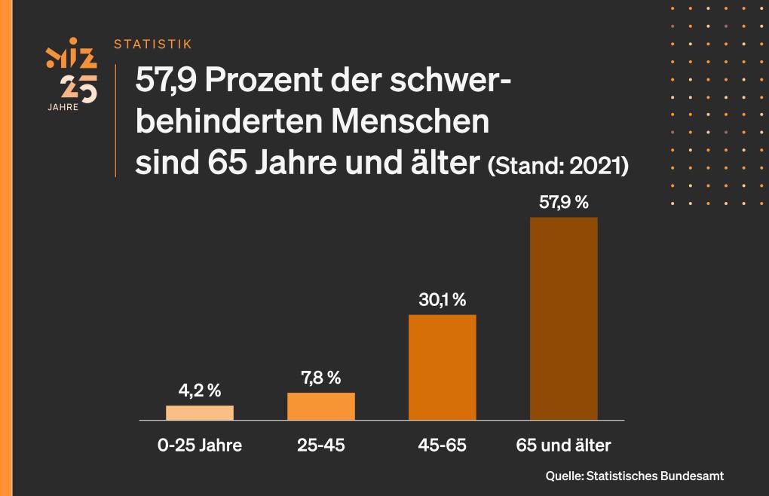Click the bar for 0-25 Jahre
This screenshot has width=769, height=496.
coord(200,412)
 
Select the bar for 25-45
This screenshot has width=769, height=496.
coord(321,406)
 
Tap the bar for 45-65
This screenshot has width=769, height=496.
coord(443,366)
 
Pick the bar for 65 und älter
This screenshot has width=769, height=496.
coord(564,318)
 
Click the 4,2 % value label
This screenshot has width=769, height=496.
coord(200,390)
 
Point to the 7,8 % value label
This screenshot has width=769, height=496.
coord(321,378)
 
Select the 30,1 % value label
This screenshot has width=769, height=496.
coord(443,299)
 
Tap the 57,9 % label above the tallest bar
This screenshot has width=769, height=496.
coord(564,202)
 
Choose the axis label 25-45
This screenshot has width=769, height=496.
coord(321,445)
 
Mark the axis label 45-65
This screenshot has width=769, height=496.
coord(443,445)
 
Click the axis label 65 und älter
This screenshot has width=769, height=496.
coord(564,445)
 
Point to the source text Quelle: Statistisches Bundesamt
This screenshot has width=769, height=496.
coord(635,476)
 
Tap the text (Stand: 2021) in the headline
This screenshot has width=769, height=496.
coord(559,165)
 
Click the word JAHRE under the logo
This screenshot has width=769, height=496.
coord(63,106)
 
